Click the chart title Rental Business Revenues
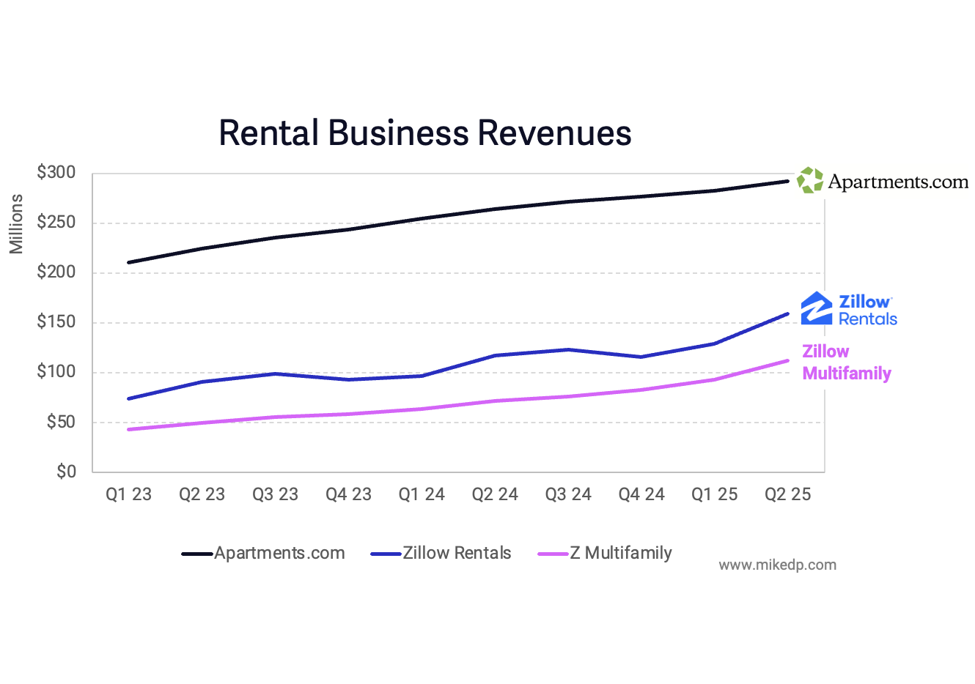424,133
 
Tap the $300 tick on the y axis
56,173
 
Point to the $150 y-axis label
56,322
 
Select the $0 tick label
66,472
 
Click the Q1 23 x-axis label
128,494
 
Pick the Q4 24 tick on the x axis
641,494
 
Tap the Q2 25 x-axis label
787,494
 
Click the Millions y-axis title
16,224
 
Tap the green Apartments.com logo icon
810,180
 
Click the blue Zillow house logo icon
816,308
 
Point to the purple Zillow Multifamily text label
846,363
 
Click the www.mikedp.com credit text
777,565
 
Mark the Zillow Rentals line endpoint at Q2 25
787,314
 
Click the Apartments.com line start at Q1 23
129,262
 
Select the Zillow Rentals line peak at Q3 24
568,349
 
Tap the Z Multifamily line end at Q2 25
787,360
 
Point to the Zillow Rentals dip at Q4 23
349,379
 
